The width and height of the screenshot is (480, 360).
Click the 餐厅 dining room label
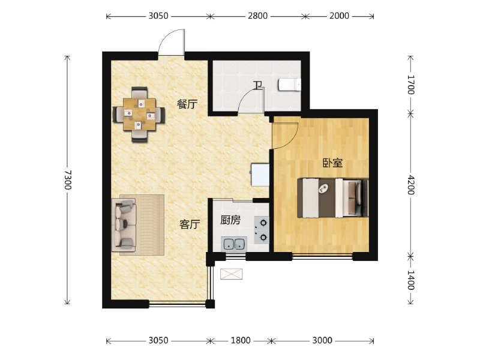(187, 104)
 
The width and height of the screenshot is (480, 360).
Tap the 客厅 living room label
(190, 224)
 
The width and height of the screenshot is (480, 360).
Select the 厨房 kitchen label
(230, 220)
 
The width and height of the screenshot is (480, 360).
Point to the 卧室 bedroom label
(332, 163)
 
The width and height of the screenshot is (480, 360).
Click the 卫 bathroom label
(258, 85)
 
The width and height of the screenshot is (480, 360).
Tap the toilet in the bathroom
(290, 85)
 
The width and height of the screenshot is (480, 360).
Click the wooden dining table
(139, 114)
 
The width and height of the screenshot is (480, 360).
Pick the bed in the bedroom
(333, 198)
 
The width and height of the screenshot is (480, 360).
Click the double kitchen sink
(234, 244)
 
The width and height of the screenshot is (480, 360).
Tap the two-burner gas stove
(262, 230)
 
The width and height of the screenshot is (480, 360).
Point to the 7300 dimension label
(68, 180)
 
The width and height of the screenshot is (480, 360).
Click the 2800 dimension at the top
(258, 16)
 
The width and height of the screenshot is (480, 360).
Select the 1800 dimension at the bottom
(241, 340)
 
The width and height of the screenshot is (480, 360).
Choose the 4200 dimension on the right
(411, 185)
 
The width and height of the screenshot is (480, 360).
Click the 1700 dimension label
(411, 85)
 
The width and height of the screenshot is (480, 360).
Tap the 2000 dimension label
(339, 16)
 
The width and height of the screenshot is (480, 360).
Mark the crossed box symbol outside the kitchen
(232, 274)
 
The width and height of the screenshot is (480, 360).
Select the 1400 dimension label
(411, 280)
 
